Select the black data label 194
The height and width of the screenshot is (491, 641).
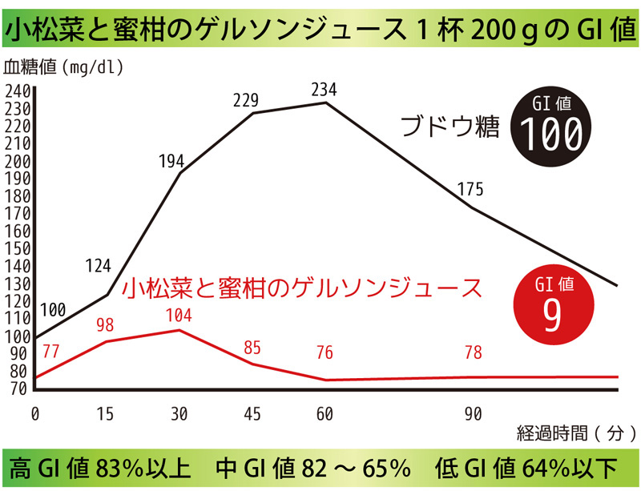coord(171,161)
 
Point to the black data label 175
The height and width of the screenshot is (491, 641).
coord(470,190)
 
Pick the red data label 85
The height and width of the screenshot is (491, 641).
coord(252,348)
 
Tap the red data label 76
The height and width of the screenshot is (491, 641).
coord(324,353)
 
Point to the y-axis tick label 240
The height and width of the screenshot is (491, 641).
coord(17,91)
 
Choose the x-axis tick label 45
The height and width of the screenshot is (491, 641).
coord(252,414)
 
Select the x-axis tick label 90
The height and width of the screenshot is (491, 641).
coord(473,414)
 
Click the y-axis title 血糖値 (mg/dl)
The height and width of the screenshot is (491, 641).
coord(63,67)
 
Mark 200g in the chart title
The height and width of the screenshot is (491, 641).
coord(492,30)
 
